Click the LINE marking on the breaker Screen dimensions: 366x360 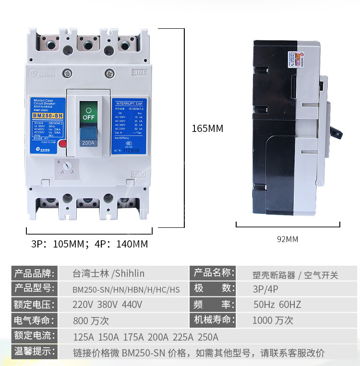[x=138, y=73]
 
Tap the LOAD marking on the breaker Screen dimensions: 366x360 [x=138, y=174]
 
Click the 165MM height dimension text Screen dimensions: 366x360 [x=207, y=129]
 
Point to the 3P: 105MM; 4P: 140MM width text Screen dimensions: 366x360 [x=89, y=244]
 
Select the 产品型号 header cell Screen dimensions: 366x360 [x=33, y=289]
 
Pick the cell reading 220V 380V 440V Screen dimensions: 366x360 [x=107, y=305]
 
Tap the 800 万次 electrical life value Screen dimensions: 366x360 [x=91, y=320]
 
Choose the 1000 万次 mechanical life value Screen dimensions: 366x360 [x=272, y=320]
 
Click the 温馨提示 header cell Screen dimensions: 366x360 [x=33, y=352]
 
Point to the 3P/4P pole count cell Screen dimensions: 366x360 [x=265, y=289]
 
